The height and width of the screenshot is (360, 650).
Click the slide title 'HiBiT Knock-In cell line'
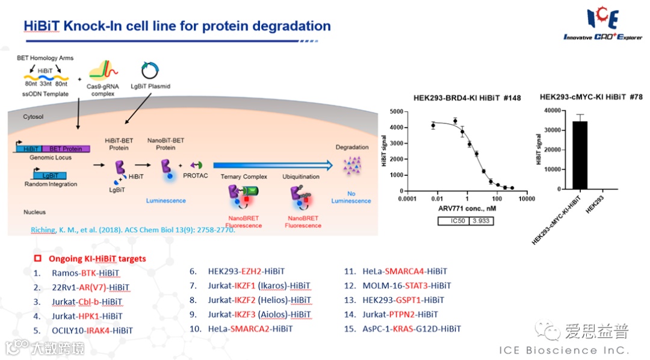pyautogui.click(x=177, y=26)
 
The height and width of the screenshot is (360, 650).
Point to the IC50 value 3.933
pyautogui.click(x=480, y=221)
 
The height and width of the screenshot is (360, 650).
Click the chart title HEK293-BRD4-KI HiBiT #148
pyautogui.click(x=467, y=98)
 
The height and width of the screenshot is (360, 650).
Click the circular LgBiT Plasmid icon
pyautogui.click(x=149, y=71)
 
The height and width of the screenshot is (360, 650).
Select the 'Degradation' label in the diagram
pyautogui.click(x=352, y=147)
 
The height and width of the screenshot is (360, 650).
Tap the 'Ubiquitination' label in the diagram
pyautogui.click(x=301, y=177)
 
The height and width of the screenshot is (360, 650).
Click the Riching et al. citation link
pyautogui.click(x=132, y=230)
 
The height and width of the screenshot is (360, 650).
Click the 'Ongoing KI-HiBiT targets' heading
pyautogui.click(x=97, y=259)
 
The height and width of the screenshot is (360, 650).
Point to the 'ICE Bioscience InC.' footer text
pyautogui.click(x=564, y=350)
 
